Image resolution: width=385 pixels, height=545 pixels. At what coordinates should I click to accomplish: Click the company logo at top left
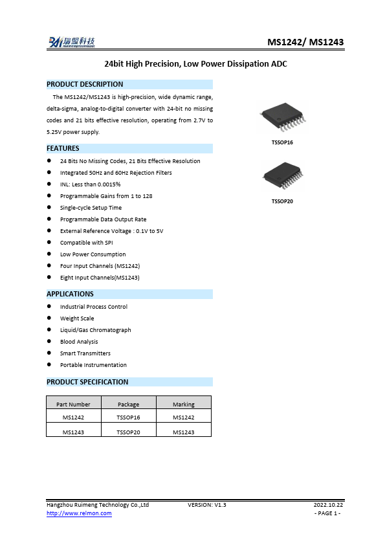click(x=71, y=42)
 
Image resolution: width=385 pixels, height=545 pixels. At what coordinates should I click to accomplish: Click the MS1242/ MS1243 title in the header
click(x=305, y=43)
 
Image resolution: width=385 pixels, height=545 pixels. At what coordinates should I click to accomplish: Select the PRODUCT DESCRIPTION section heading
click(x=85, y=84)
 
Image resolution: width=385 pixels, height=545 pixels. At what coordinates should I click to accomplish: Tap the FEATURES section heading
click(x=63, y=148)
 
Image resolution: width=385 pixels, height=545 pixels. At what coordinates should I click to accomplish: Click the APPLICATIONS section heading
click(x=70, y=294)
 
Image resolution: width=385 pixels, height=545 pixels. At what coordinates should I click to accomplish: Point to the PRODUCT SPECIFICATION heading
click(x=87, y=382)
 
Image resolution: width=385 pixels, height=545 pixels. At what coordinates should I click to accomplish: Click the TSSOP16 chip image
click(x=282, y=120)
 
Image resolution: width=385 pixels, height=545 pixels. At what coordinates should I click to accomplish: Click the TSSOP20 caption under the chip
click(x=282, y=201)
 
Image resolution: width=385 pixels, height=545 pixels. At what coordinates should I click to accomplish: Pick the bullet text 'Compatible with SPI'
click(x=87, y=243)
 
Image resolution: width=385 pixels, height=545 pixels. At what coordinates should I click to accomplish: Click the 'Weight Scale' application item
click(x=77, y=318)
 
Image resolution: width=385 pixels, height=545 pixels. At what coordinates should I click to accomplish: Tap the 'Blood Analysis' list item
click(x=79, y=342)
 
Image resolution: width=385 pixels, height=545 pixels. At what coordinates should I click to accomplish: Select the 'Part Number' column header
click(x=73, y=405)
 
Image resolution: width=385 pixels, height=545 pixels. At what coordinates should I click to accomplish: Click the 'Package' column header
click(x=128, y=405)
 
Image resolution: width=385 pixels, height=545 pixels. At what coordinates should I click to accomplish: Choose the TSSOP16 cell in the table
click(x=128, y=418)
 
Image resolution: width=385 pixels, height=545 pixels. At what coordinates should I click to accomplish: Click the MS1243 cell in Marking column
click(x=184, y=432)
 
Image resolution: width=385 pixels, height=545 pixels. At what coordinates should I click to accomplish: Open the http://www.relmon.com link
click(x=79, y=513)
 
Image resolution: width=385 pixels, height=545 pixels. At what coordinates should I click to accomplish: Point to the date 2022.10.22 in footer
click(x=328, y=504)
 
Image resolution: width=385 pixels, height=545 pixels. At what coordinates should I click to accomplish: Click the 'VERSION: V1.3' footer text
click(x=206, y=504)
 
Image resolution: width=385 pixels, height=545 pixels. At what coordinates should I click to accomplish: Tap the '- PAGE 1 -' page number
click(x=327, y=513)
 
